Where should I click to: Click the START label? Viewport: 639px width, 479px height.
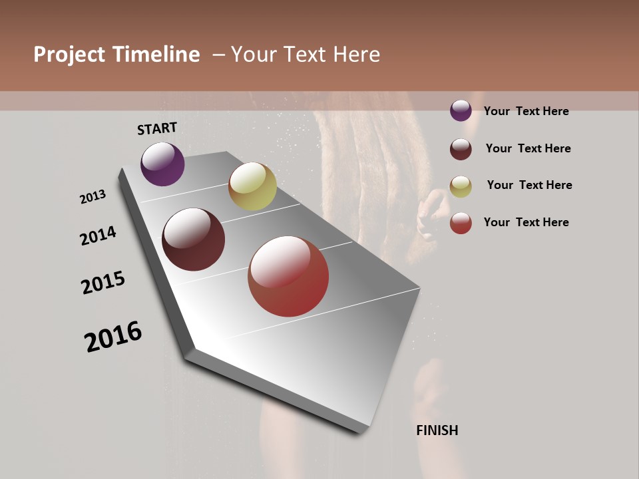tap(157, 128)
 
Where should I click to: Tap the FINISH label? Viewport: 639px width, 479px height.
tap(437, 430)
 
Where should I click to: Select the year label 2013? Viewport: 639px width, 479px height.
tap(93, 197)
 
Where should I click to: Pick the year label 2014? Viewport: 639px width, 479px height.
tap(98, 236)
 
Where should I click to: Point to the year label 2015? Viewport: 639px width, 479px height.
tap(103, 283)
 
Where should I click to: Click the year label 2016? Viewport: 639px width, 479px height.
tap(113, 337)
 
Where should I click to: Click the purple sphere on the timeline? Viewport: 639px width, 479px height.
tap(162, 164)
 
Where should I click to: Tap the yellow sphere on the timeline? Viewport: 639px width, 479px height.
tap(252, 186)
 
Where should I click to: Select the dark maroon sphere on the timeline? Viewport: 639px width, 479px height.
tap(193, 239)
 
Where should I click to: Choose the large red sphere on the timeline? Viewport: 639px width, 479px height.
tap(288, 276)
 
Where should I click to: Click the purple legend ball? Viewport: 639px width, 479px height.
tap(461, 110)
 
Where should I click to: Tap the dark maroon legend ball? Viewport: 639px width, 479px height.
tap(461, 149)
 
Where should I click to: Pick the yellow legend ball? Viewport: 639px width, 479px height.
tap(461, 186)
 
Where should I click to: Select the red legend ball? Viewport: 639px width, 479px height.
tap(461, 223)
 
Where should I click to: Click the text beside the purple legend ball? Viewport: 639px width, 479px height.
tap(526, 111)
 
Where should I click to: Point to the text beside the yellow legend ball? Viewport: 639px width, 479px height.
tap(529, 185)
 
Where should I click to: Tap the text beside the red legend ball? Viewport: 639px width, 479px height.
tap(526, 222)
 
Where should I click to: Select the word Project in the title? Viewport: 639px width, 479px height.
tap(69, 55)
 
